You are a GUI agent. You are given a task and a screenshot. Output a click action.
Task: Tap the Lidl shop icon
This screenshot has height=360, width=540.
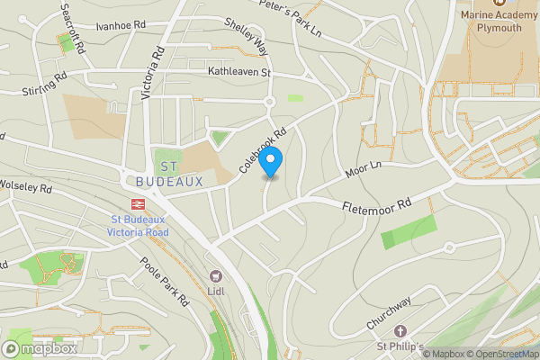(x=214, y=275)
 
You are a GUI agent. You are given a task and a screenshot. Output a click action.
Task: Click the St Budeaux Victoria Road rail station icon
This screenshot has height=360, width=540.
(x=139, y=204)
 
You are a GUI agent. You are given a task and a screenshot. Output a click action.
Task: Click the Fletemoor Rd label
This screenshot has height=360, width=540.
(x=376, y=206)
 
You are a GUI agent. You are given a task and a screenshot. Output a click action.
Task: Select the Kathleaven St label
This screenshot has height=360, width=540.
(x=239, y=70)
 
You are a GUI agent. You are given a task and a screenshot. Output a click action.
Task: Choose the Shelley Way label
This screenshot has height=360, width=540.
(x=246, y=35)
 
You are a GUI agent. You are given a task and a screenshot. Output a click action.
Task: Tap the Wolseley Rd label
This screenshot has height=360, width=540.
(x=25, y=189)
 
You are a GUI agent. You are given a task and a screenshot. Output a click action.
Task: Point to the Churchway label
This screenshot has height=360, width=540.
(x=389, y=311)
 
